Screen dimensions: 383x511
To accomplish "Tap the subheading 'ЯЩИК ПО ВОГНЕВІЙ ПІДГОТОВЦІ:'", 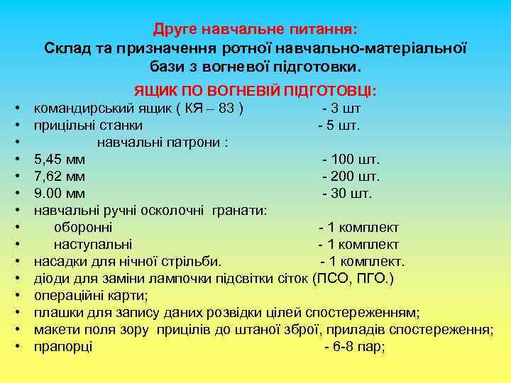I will [x=255, y=92].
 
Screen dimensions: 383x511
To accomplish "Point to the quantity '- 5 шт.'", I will [x=339, y=126].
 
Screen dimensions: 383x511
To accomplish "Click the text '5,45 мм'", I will [x=60, y=159].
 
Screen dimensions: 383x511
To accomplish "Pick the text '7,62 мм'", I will [x=60, y=176].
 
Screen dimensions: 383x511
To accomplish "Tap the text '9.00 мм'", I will [x=60, y=193].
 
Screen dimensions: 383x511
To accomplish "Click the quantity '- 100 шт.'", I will [x=351, y=159].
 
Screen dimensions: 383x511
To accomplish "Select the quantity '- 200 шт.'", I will [x=351, y=176].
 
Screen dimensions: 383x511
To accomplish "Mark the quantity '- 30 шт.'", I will [x=347, y=193].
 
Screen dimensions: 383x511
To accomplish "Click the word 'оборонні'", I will [x=83, y=228].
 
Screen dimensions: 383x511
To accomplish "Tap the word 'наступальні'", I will [x=92, y=245].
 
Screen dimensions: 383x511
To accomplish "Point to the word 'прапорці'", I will [x=63, y=347].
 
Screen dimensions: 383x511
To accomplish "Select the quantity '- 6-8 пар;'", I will [x=354, y=347].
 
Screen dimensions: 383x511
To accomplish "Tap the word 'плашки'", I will [x=57, y=313].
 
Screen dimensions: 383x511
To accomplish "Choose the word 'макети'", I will [x=57, y=330].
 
